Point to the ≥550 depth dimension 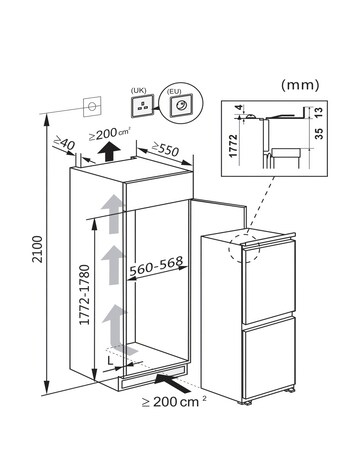pos(153,149)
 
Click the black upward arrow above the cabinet pos(107,153)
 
